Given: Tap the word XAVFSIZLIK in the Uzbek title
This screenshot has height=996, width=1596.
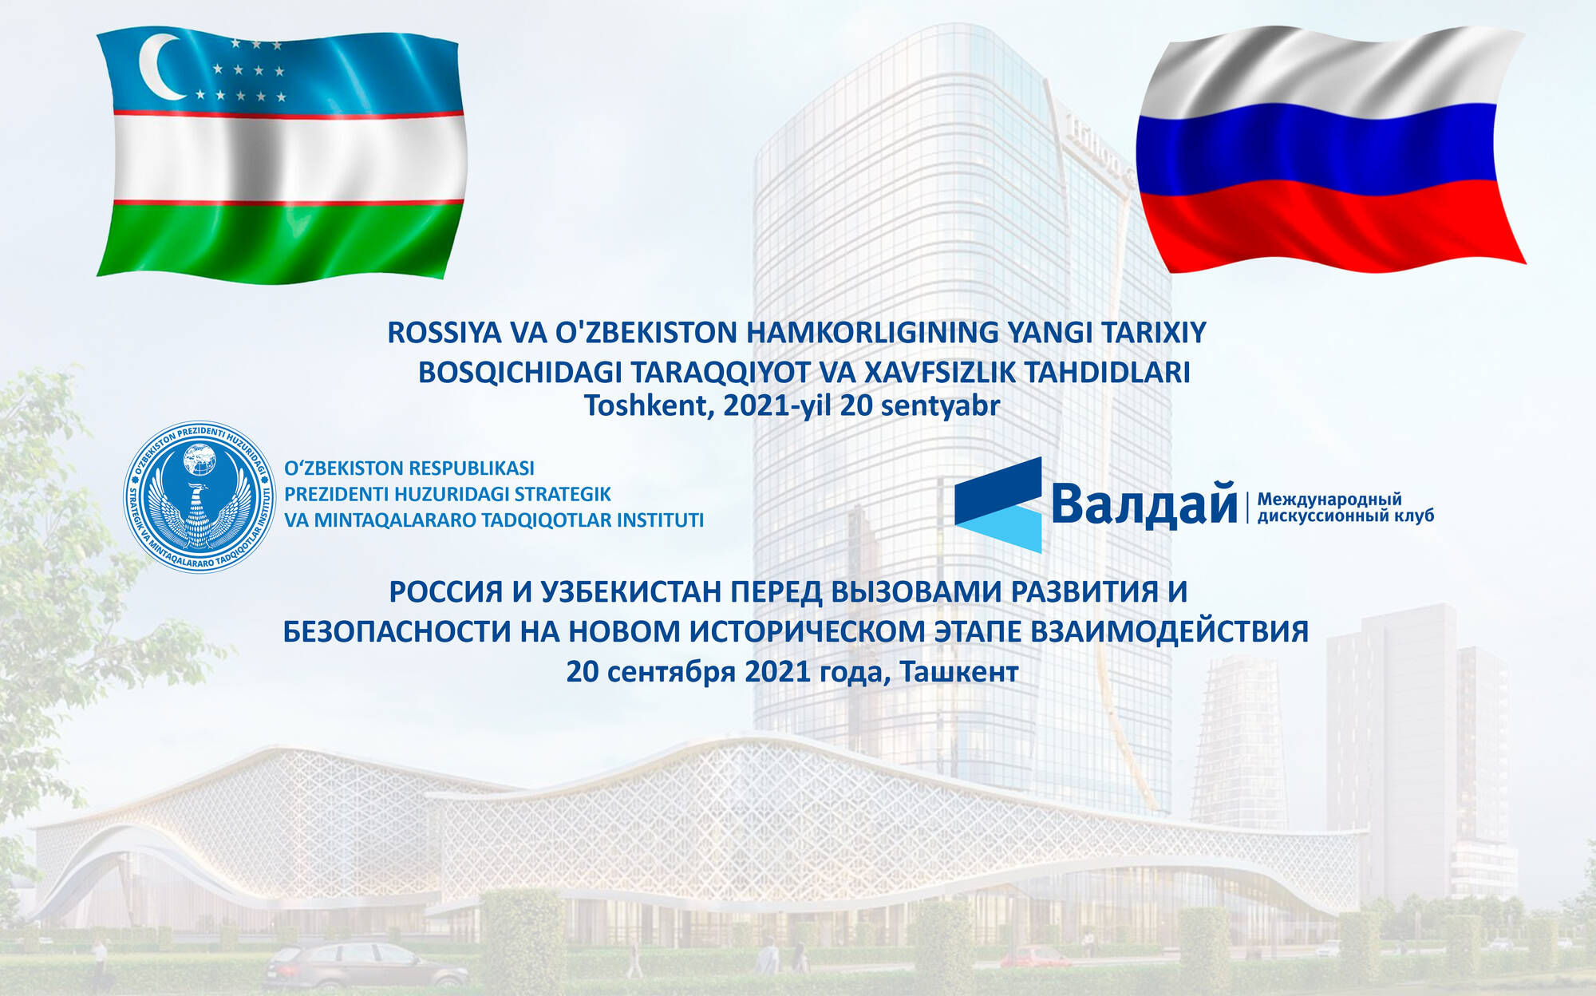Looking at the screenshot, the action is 940,373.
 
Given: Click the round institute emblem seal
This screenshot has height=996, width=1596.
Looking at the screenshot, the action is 199,496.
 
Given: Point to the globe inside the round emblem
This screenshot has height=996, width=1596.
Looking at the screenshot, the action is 199,460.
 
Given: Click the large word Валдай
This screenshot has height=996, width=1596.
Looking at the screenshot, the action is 1144,504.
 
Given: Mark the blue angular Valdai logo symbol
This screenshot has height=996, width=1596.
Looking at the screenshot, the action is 998,504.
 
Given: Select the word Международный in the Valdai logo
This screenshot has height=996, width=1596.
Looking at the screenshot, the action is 1329,500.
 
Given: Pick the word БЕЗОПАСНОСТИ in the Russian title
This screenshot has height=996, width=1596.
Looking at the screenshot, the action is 397,632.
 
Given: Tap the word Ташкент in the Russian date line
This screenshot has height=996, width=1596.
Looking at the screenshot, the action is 959,672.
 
